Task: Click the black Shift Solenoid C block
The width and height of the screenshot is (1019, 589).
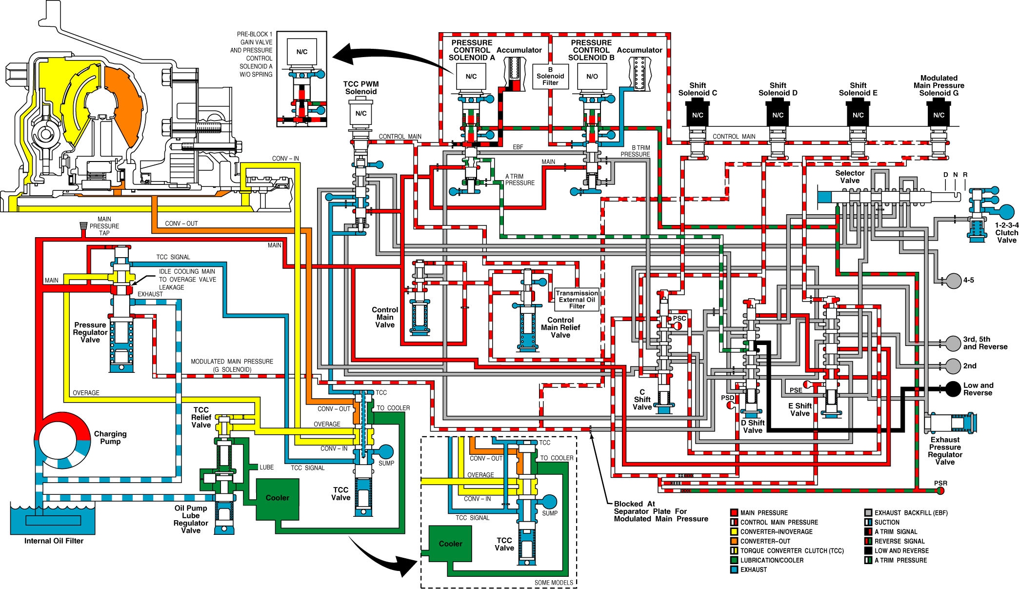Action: [x=698, y=113]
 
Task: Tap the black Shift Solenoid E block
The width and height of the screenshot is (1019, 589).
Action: [x=858, y=113]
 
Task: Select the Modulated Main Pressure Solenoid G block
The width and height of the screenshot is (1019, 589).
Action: [x=939, y=113]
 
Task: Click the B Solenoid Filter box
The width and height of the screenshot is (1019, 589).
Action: [x=550, y=77]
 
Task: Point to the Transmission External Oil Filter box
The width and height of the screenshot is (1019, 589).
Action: [x=577, y=300]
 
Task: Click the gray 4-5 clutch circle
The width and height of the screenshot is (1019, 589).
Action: [x=953, y=281]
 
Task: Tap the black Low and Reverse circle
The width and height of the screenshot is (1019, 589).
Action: [x=953, y=389]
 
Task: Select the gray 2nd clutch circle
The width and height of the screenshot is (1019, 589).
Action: [x=953, y=366]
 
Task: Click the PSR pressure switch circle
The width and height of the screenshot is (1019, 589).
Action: [x=940, y=490]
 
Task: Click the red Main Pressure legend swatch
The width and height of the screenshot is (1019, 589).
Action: [x=734, y=513]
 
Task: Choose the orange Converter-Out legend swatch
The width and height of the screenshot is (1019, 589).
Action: [x=734, y=541]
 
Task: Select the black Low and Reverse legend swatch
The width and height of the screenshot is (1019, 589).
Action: [x=868, y=550]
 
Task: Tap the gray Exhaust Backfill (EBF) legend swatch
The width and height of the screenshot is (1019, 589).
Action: [x=868, y=513]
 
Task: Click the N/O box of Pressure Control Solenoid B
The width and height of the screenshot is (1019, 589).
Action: [x=592, y=77]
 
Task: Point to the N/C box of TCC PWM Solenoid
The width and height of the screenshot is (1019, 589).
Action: [x=361, y=114]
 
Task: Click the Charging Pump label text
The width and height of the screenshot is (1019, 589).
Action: [x=110, y=438]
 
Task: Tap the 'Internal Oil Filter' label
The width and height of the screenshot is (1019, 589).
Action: [x=54, y=541]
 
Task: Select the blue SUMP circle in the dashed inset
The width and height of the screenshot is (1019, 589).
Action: [x=549, y=502]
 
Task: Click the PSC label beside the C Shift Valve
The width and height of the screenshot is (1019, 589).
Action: [x=679, y=318]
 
